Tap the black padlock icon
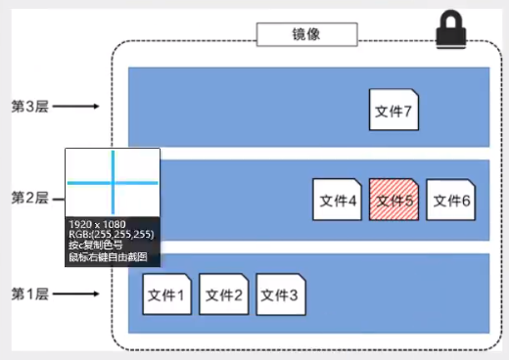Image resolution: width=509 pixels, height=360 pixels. click(x=452, y=29)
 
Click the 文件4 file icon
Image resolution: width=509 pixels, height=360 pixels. click(x=337, y=201)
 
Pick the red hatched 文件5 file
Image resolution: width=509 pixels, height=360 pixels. click(x=393, y=201)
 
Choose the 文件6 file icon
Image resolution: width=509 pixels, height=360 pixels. click(x=450, y=201)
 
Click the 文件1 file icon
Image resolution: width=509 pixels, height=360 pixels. click(x=167, y=292)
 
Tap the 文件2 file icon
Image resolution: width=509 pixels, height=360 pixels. click(x=224, y=292)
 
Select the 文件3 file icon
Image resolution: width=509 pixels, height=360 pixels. click(x=281, y=292)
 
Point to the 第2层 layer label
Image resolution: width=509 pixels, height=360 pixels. click(x=29, y=199)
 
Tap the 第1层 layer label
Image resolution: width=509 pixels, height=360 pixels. click(x=29, y=292)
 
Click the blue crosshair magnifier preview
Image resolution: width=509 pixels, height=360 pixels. click(x=113, y=182)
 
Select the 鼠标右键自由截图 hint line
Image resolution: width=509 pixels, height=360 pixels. click(x=107, y=257)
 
